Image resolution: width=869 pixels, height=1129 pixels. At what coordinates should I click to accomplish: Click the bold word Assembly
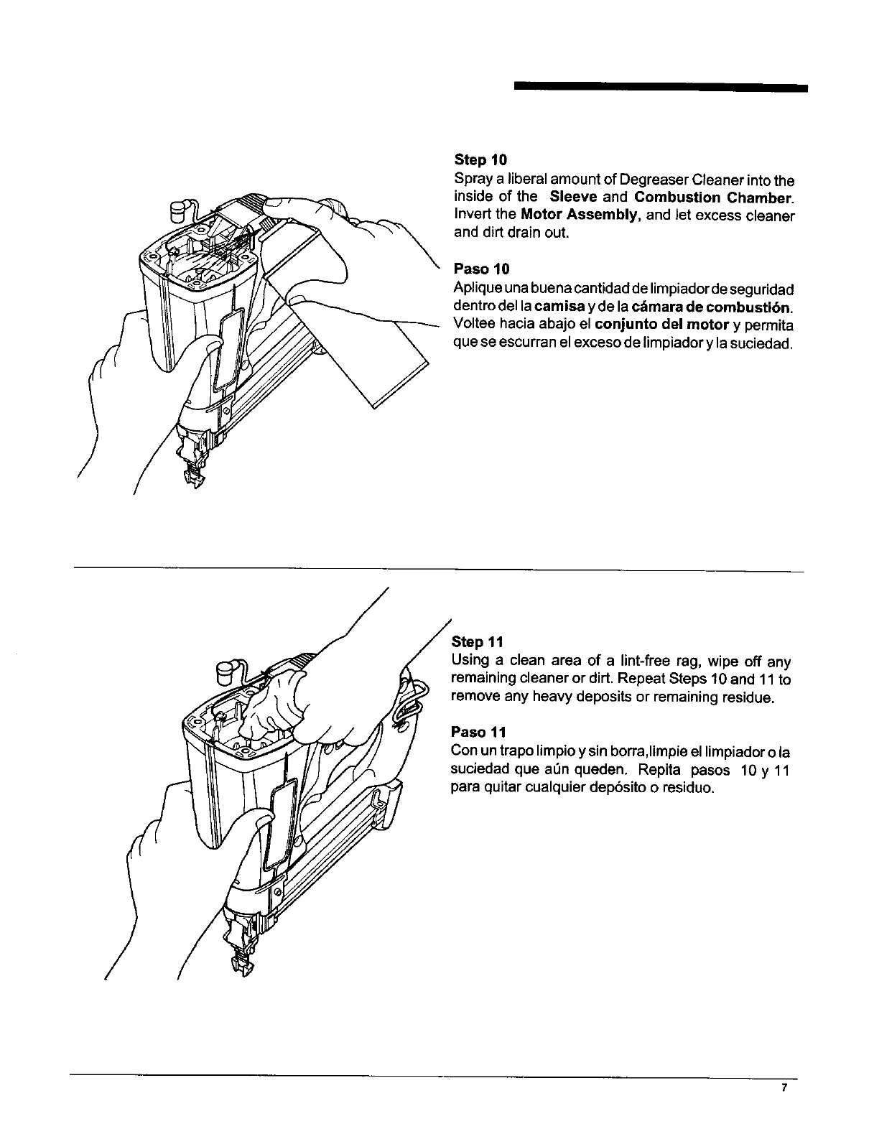click(605, 215)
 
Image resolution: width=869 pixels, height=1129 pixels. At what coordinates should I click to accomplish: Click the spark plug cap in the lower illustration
click(226, 674)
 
